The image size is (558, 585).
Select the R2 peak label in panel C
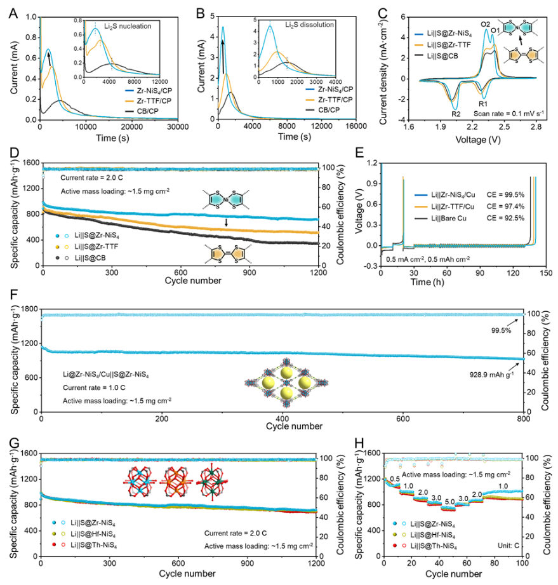[456, 114]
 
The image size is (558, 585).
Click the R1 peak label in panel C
[483, 104]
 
